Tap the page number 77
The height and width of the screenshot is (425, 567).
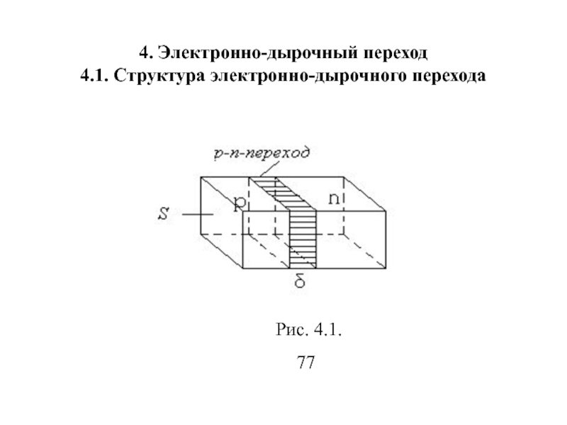coord(306,363)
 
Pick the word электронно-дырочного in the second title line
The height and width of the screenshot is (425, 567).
coord(303,76)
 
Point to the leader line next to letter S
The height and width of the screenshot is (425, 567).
coord(196,213)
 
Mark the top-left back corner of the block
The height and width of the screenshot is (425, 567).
coord(201,176)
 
